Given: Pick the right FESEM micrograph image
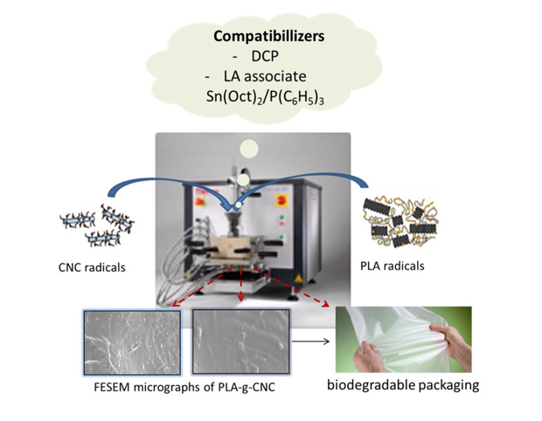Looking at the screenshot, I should (234, 343).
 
